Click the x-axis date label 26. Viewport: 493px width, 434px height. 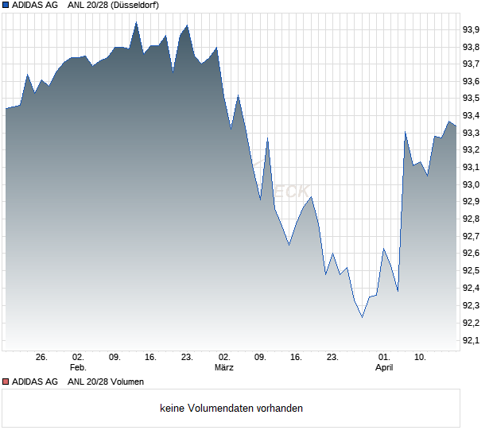pos(41,358)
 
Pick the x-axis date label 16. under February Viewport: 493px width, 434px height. pos(151,358)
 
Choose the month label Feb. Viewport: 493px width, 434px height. pos(77,368)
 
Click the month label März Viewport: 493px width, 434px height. pos(224,368)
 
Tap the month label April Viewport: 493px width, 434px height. pos(384,368)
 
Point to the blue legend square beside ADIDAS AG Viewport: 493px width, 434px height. pos(6,6)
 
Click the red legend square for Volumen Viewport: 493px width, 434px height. pos(6,382)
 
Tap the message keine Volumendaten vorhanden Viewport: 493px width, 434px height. pos(231,409)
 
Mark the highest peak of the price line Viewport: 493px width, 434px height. pos(136,22)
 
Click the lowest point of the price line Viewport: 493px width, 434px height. pos(362,317)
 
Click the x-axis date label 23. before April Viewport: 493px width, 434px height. pos(333,358)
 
